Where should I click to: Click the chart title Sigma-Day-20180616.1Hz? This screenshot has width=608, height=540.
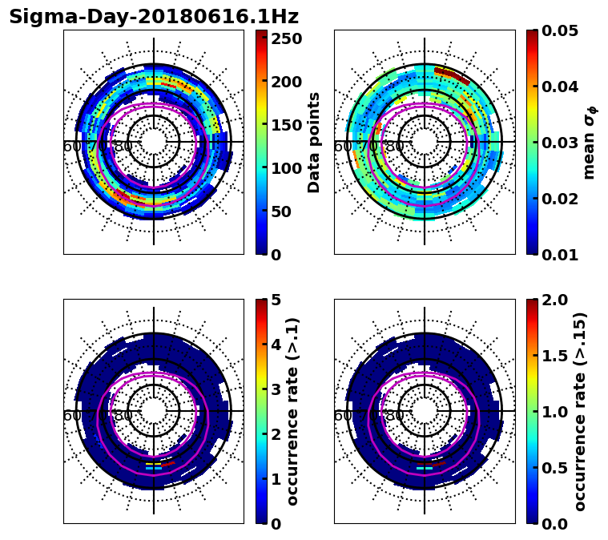(x=153, y=17)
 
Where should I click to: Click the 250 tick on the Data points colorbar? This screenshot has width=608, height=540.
(x=287, y=38)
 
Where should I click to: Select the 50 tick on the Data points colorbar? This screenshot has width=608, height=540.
(x=282, y=212)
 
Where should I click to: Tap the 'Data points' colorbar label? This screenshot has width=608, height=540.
(x=314, y=142)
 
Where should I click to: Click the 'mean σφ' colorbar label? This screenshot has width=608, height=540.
(x=589, y=142)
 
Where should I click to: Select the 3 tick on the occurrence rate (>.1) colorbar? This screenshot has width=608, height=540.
(x=276, y=389)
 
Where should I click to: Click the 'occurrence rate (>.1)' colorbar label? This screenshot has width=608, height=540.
(x=293, y=411)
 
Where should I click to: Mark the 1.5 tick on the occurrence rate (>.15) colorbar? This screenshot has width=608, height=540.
(x=559, y=356)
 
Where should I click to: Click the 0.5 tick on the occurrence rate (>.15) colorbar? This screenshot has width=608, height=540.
(x=559, y=468)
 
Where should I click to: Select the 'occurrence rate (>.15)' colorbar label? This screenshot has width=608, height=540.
(x=581, y=411)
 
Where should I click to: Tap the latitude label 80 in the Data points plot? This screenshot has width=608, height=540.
(x=123, y=147)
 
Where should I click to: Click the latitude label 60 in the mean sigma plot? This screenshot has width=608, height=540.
(x=342, y=147)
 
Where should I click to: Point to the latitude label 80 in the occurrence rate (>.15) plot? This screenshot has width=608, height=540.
(x=393, y=416)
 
